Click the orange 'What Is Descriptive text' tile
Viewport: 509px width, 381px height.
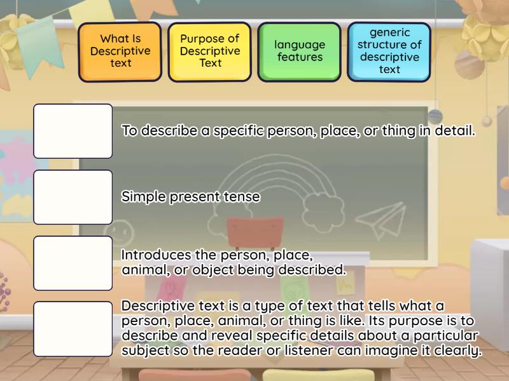point(120,51)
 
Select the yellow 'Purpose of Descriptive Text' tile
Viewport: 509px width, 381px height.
point(210,51)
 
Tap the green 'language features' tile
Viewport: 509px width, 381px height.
point(300,51)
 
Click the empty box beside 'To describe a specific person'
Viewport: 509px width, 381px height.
point(73,131)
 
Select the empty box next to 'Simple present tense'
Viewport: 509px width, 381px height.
point(73,197)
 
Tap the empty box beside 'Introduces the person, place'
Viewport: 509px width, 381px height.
point(73,263)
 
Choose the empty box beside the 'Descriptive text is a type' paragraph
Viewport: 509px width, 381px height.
point(73,328)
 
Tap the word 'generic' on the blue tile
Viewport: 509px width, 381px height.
point(389,32)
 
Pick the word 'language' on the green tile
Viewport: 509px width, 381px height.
point(300,45)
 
